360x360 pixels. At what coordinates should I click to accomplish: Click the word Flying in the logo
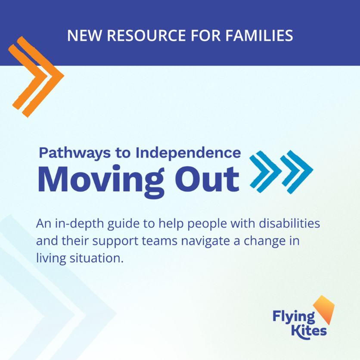(288, 317)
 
